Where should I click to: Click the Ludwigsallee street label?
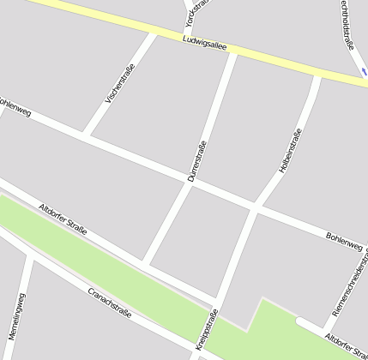pyautogui.click(x=204, y=44)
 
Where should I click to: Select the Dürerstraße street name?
pyautogui.click(x=197, y=160)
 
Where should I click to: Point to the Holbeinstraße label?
pyautogui.click(x=291, y=151)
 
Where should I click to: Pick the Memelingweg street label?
pyautogui.click(x=17, y=315)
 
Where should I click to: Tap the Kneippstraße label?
pyautogui.click(x=206, y=333)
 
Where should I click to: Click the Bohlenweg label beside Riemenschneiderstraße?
pyautogui.click(x=344, y=241)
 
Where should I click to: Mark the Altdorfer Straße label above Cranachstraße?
pyautogui.click(x=63, y=220)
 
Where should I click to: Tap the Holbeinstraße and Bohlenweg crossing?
pyautogui.click(x=255, y=207)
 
